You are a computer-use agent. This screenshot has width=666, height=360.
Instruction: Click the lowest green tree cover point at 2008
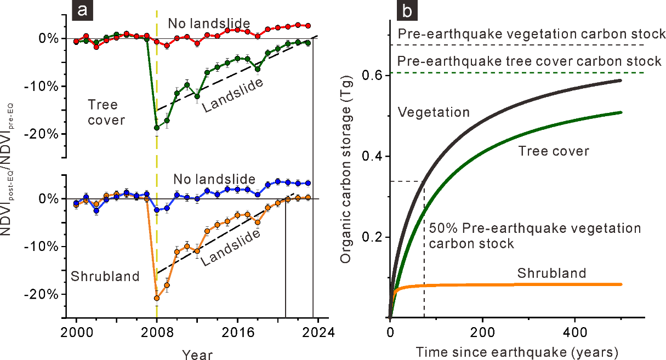tap(157, 128)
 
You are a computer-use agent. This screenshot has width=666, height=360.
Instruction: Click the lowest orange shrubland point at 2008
tap(157, 298)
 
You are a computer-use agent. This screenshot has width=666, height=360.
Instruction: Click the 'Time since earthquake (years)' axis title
tap(517, 350)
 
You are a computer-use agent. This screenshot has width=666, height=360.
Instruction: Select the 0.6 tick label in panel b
tap(372, 76)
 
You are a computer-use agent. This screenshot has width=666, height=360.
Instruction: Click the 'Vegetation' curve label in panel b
tap(434, 112)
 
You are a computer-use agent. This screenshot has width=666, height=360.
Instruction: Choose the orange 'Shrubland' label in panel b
tap(552, 273)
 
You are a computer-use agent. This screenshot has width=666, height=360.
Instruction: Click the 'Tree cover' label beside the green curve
tap(554, 150)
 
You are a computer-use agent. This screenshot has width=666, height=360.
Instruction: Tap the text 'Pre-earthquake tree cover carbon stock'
tap(530, 61)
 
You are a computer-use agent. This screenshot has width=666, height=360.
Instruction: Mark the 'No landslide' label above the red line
tap(209, 24)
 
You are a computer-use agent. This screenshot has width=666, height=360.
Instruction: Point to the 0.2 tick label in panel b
tap(372, 237)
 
